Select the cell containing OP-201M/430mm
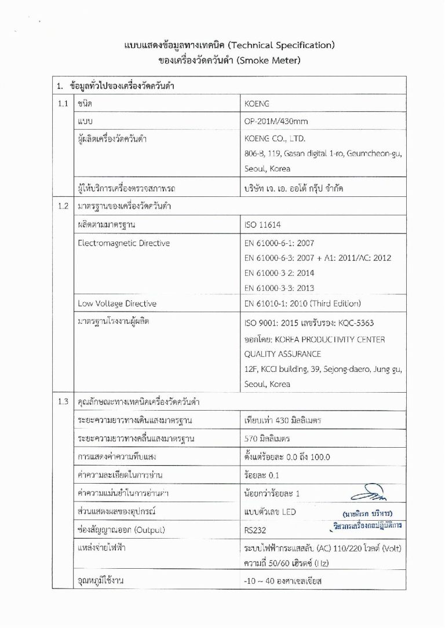pyautogui.click(x=276, y=122)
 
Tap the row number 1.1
pyautogui.click(x=63, y=104)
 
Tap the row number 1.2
pyautogui.click(x=63, y=206)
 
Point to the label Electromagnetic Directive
pyautogui.click(x=123, y=243)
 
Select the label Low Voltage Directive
pyautogui.click(x=116, y=303)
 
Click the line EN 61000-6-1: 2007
pyautogui.click(x=279, y=243)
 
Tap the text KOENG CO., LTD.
pyautogui.click(x=275, y=139)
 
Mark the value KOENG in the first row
pyautogui.click(x=258, y=104)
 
